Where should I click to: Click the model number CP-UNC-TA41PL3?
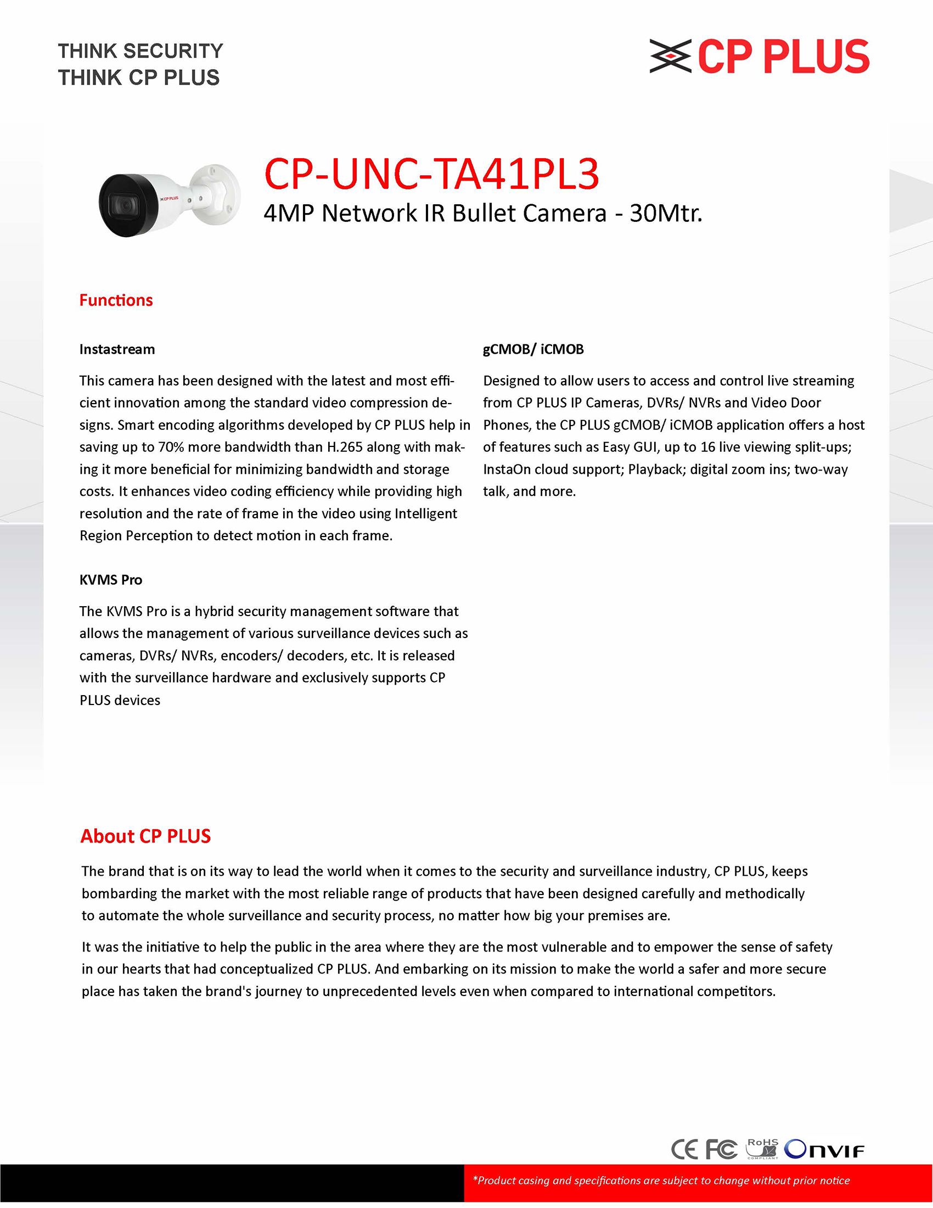tap(431, 174)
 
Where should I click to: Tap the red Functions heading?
tap(116, 300)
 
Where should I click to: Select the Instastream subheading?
tap(117, 349)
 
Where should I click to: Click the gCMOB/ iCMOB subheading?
tap(533, 349)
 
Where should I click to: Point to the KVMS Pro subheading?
tap(110, 580)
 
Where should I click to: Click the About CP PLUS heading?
tap(145, 836)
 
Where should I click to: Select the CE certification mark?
tap(684, 1149)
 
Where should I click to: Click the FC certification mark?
tap(721, 1149)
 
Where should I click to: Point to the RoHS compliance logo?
tap(763, 1148)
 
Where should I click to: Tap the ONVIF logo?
tap(824, 1149)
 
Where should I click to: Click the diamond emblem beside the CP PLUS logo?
tap(671, 56)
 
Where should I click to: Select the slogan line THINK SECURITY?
tap(140, 51)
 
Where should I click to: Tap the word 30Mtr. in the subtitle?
tap(666, 214)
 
